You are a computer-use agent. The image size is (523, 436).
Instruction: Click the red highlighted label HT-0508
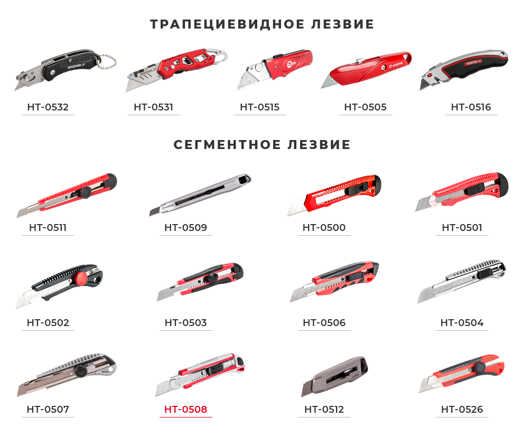point(186,410)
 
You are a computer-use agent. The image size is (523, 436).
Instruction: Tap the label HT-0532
point(48,107)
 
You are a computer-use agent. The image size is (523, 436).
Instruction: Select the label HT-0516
point(471,107)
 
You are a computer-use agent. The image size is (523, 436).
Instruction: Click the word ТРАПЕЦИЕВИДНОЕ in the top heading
point(227,24)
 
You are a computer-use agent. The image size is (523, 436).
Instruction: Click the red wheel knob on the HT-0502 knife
point(81,278)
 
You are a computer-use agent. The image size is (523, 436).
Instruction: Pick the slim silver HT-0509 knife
point(200,194)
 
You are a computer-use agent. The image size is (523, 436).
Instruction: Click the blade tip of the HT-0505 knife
point(322,88)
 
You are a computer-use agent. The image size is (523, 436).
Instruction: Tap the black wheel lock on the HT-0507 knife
point(81,371)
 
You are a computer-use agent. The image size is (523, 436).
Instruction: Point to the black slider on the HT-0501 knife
point(474,190)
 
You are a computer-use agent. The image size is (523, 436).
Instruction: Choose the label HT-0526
point(462,410)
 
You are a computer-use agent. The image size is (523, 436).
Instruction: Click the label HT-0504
point(462,322)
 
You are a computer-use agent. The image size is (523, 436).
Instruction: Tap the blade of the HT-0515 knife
point(251,77)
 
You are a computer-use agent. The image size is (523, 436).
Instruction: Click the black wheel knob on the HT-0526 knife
point(480,368)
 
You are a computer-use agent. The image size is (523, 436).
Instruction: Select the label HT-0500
point(324,227)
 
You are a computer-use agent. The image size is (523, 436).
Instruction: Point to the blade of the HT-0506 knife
point(303,293)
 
